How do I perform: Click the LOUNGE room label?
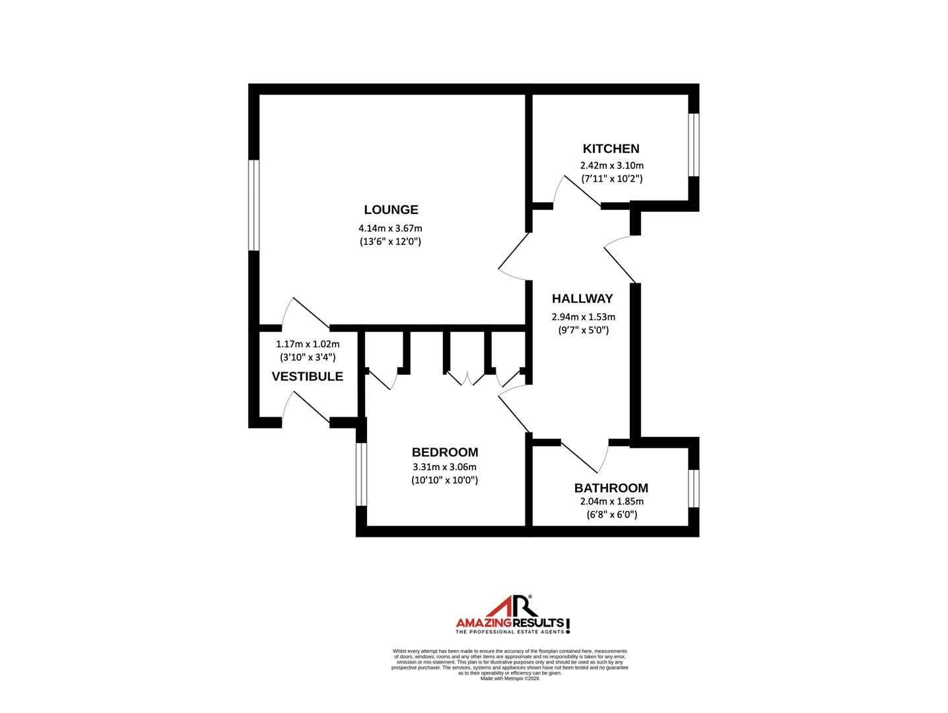click(391, 210)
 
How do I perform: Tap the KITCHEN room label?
click(611, 149)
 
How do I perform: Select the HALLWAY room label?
click(582, 298)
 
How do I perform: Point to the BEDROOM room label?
click(444, 452)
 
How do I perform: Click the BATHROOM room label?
click(611, 488)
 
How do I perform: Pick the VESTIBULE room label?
click(307, 376)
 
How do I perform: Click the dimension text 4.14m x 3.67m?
click(390, 228)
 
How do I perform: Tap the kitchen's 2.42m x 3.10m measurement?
click(611, 166)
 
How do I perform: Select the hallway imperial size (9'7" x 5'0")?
click(583, 329)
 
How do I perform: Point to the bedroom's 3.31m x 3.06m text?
click(444, 467)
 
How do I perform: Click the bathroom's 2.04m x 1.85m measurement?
click(611, 502)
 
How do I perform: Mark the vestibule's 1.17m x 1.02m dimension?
click(307, 344)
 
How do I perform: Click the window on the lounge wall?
click(254, 205)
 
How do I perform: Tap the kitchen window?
click(693, 145)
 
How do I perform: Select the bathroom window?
click(693, 488)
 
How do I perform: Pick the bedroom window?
click(360, 473)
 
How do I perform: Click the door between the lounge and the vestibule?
click(306, 315)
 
